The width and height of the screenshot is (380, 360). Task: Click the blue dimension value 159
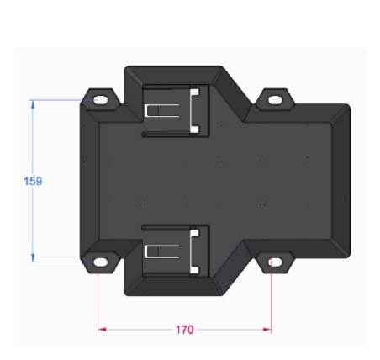[x=33, y=181]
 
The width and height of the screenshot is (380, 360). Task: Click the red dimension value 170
[x=184, y=330]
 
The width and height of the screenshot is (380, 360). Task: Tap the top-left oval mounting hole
[x=100, y=100]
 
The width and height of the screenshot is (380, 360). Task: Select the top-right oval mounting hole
[x=275, y=100]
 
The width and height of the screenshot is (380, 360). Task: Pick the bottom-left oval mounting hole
[x=100, y=262]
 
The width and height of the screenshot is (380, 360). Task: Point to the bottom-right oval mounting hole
[x=275, y=262]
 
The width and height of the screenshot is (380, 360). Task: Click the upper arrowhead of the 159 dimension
[x=33, y=104]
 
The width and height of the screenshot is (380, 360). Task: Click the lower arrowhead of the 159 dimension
[x=33, y=258]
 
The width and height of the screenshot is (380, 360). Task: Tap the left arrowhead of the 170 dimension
[x=102, y=330]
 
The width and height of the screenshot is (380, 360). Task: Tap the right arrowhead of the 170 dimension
[x=267, y=330]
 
